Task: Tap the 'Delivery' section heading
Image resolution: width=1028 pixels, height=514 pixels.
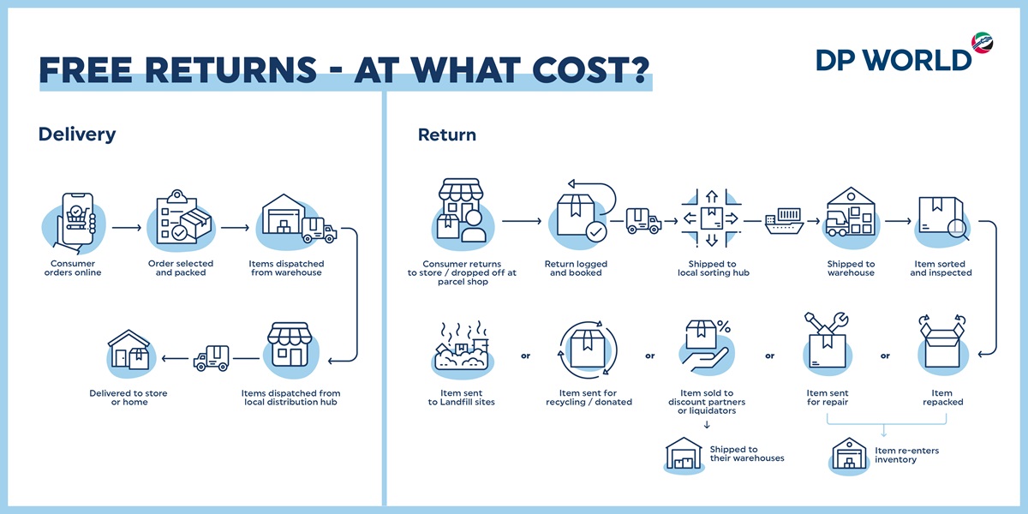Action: coord(77,134)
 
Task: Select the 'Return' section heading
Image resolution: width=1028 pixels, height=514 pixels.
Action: coord(447,135)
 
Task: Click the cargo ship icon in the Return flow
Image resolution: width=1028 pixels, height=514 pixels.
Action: coord(785,221)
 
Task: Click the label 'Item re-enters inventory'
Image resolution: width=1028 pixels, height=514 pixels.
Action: coord(906,455)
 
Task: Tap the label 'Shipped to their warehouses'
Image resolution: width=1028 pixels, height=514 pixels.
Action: coord(747,453)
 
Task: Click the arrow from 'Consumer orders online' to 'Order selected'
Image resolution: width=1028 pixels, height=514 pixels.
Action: coord(127,228)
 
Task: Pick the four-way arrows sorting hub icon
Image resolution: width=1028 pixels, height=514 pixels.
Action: coord(711,218)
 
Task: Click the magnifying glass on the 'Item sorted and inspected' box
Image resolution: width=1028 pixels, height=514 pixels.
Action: coord(959,230)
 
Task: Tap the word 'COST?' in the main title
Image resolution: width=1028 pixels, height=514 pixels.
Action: coord(590,70)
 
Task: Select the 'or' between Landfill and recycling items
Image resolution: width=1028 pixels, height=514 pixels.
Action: coord(525,356)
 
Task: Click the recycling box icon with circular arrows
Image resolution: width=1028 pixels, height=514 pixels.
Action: coord(588,350)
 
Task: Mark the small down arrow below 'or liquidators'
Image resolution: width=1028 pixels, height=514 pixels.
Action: coord(707,425)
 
